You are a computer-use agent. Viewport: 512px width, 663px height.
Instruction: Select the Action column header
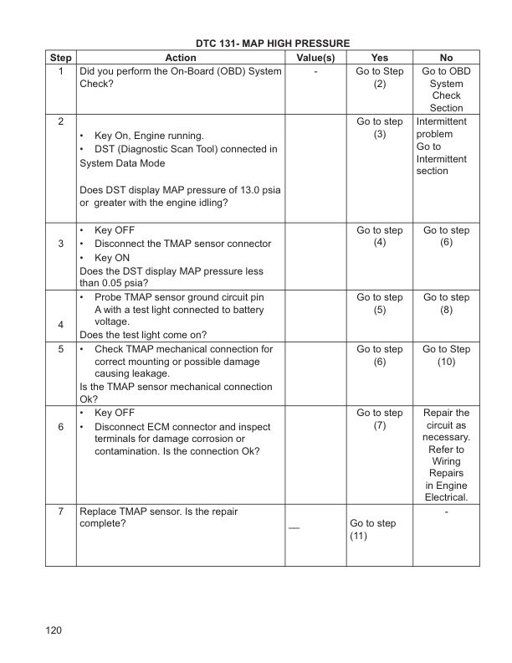point(181,58)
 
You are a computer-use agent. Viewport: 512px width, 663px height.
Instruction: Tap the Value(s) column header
point(316,58)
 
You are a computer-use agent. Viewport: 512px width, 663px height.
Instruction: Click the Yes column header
point(379,58)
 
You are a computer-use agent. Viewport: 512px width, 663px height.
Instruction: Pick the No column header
point(446,58)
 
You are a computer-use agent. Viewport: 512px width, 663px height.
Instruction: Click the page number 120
point(55,630)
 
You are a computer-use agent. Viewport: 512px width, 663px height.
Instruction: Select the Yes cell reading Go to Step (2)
point(379,78)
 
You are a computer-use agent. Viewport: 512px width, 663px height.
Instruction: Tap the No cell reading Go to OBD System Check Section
point(446,90)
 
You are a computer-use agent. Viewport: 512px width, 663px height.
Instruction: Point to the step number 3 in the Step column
point(60,244)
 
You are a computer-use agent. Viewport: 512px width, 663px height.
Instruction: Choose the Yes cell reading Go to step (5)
point(379,304)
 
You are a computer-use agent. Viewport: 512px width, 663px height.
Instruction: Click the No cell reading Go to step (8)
point(446,304)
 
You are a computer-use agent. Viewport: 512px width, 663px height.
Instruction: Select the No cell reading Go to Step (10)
point(446,355)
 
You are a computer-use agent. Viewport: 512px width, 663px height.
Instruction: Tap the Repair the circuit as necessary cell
point(446,455)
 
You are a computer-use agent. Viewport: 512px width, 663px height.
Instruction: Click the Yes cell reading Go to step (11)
point(367,530)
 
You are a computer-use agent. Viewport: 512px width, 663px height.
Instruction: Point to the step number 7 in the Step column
point(60,511)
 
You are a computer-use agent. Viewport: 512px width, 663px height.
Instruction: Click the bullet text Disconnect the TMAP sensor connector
point(182,244)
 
